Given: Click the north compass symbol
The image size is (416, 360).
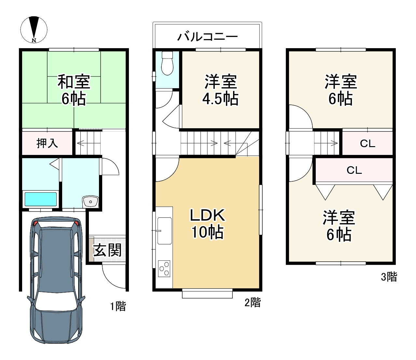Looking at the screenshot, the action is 34,30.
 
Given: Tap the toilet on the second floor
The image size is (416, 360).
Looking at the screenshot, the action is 167,63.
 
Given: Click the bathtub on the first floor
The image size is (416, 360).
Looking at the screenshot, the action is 41,199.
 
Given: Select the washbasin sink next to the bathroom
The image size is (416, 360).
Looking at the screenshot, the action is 90,201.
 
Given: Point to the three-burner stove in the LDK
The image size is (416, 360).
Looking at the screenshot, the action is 164,269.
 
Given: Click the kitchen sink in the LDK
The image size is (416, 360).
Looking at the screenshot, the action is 165,231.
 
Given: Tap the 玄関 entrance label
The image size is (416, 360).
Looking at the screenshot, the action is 107,250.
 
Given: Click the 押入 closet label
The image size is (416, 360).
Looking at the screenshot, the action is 47,144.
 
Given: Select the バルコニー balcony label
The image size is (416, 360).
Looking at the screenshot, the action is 207,37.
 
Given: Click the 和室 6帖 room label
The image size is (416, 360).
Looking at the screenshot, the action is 74,90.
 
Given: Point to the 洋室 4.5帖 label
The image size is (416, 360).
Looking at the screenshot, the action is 221,90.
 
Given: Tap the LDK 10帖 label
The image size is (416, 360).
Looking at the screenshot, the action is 207,224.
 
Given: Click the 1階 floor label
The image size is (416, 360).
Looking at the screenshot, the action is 118,306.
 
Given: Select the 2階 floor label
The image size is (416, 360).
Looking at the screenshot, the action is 253,302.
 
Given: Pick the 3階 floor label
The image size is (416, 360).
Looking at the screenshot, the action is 389,277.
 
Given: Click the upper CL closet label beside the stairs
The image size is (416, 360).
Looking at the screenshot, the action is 367,144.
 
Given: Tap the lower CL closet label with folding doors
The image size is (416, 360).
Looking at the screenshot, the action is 354,170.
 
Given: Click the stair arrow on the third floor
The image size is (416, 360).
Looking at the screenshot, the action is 326,143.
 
